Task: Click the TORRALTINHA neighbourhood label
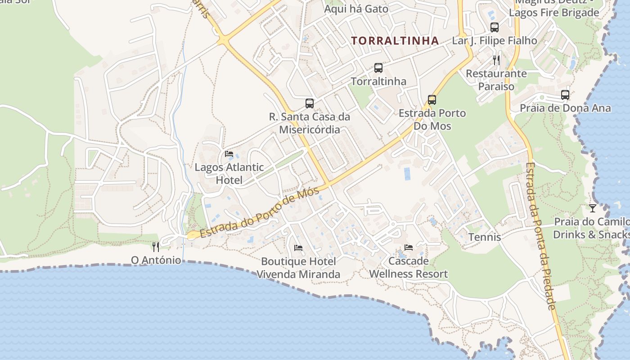pyautogui.click(x=395, y=40)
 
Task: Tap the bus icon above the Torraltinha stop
pyautogui.click(x=378, y=68)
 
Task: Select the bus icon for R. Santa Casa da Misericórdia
pyautogui.click(x=310, y=103)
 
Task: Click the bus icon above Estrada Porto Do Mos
pyautogui.click(x=432, y=99)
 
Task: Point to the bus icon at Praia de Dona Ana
pyautogui.click(x=565, y=95)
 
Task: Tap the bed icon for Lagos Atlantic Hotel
pyautogui.click(x=229, y=154)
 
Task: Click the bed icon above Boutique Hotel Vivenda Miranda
pyautogui.click(x=298, y=247)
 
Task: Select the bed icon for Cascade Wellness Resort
pyautogui.click(x=409, y=247)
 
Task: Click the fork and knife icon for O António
pyautogui.click(x=156, y=247)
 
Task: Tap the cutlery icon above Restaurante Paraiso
pyautogui.click(x=496, y=60)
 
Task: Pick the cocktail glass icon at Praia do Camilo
pyautogui.click(x=593, y=208)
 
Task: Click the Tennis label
pyautogui.click(x=485, y=237)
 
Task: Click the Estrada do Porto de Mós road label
pyautogui.click(x=260, y=212)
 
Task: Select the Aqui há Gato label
pyautogui.click(x=356, y=9)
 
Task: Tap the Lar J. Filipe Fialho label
pyautogui.click(x=495, y=40)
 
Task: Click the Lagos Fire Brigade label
pyautogui.click(x=554, y=13)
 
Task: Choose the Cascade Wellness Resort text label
pyautogui.click(x=409, y=267)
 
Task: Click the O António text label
pyautogui.click(x=156, y=260)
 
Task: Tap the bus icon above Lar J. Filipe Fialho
pyautogui.click(x=495, y=27)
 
